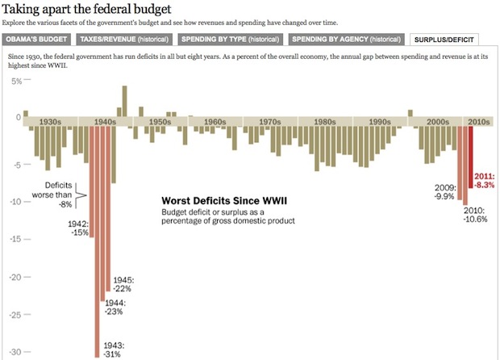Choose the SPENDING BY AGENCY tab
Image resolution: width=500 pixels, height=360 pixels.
346,39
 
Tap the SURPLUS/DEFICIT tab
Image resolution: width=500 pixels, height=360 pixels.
444,39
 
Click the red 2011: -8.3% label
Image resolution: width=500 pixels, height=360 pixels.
484,180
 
